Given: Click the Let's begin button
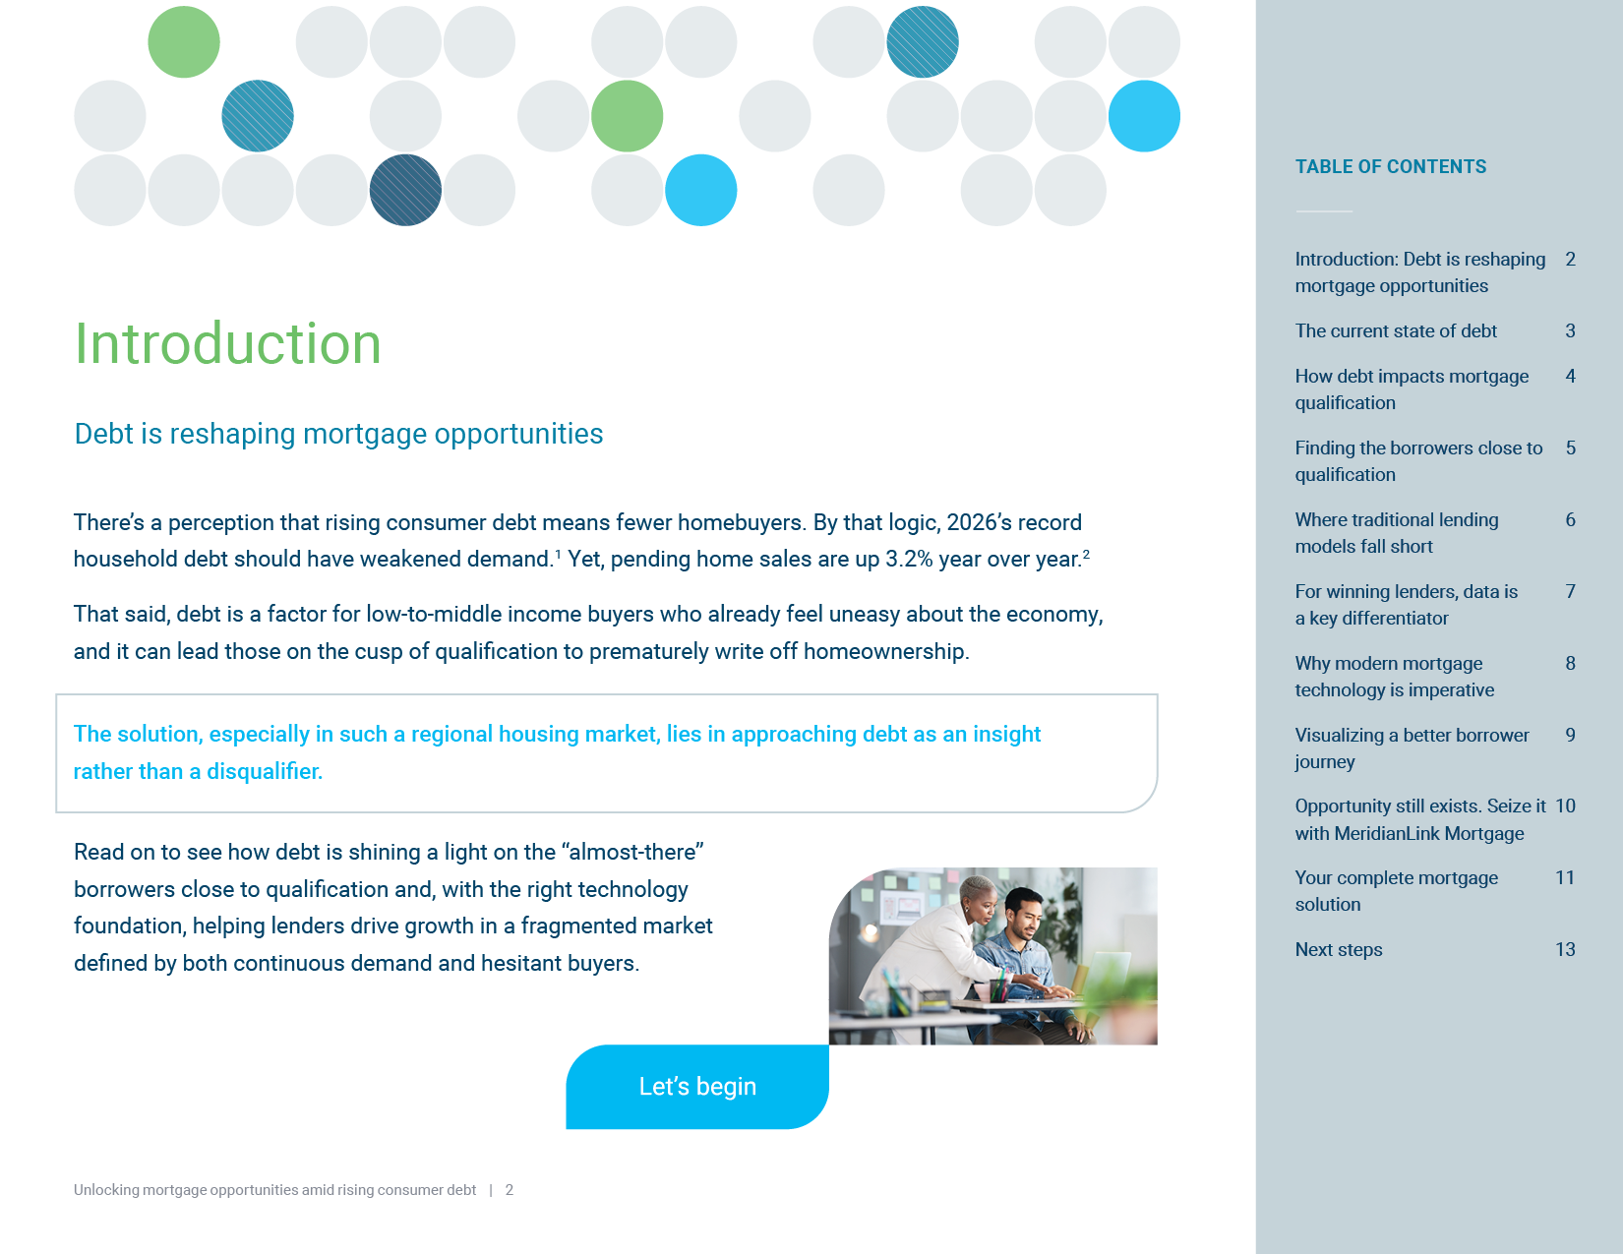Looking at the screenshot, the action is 696,1086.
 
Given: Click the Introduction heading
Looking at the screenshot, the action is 228,343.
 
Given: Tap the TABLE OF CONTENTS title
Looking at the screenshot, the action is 1391,166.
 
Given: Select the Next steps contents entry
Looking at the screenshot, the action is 1339,949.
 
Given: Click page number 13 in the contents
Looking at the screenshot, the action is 1565,949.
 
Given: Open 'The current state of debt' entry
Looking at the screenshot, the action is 1396,330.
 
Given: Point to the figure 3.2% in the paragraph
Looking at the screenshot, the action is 909,560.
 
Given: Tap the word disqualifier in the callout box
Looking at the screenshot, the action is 265,771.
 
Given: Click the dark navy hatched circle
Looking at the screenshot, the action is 405,190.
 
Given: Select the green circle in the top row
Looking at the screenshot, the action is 184,42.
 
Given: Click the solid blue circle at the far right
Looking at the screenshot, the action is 1144,116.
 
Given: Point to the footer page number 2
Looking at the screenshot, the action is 510,1190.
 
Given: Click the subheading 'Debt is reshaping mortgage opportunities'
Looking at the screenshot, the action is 338,434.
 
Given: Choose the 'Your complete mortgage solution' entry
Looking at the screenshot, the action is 1396,891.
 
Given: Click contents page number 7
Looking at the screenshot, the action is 1570,591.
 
